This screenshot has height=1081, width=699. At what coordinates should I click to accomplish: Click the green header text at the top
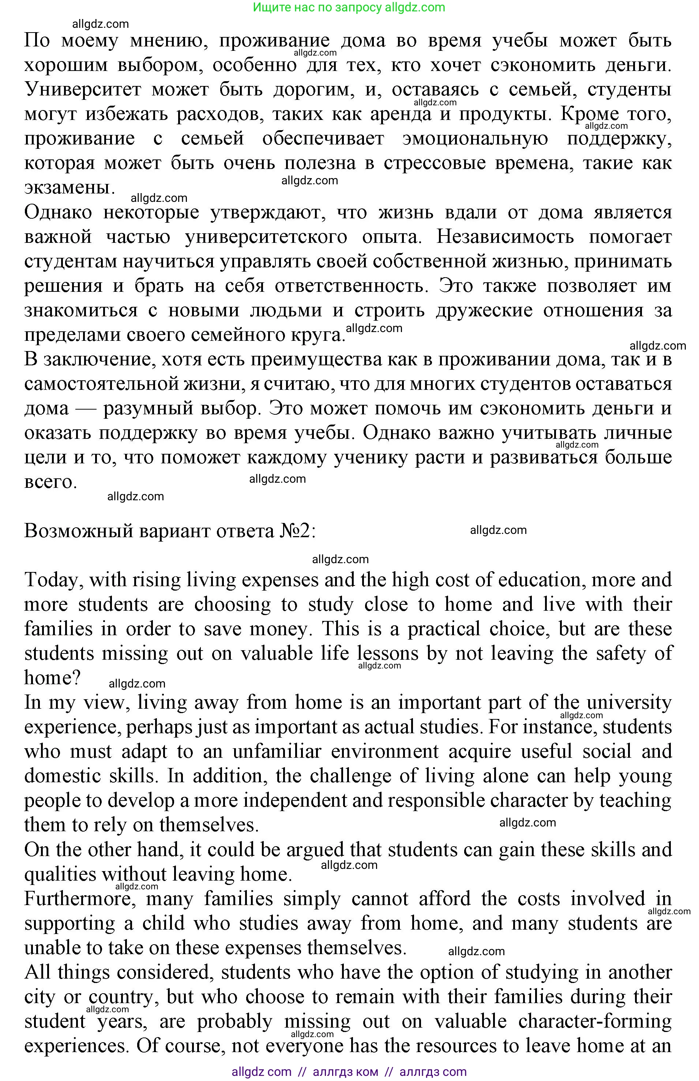click(x=349, y=7)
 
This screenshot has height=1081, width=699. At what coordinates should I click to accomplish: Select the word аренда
click(x=401, y=114)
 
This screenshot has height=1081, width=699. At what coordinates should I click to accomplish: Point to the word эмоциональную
click(x=475, y=138)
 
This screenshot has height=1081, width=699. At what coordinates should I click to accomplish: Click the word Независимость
click(x=505, y=237)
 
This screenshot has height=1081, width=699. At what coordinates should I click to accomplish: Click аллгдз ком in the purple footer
click(x=345, y=1072)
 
